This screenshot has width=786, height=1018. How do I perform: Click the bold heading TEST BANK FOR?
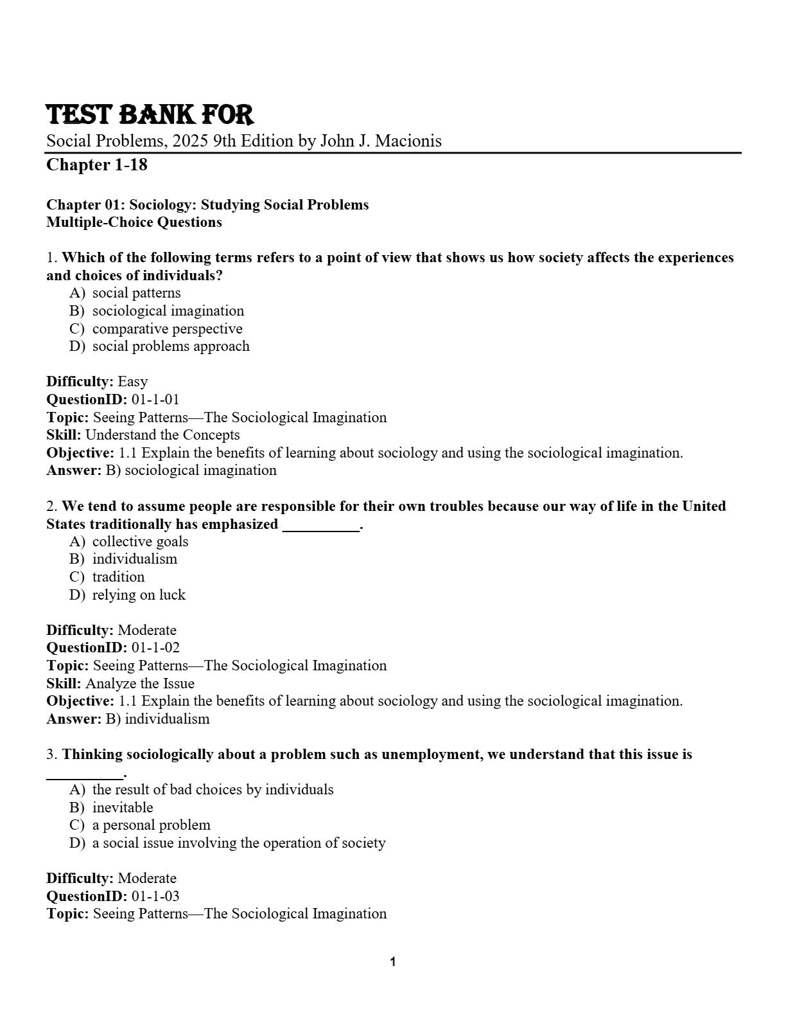click(x=150, y=115)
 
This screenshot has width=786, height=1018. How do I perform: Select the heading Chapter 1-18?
click(x=97, y=165)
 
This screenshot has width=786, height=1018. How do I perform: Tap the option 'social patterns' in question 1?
click(x=136, y=293)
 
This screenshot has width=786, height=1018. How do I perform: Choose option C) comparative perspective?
click(x=167, y=329)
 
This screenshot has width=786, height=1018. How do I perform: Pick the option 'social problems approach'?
click(x=171, y=346)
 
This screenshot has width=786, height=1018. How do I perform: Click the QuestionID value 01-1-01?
click(x=155, y=400)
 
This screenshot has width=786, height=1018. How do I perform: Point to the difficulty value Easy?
click(x=132, y=382)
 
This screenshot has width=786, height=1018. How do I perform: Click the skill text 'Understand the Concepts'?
click(x=162, y=435)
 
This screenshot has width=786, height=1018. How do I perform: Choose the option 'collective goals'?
click(x=140, y=542)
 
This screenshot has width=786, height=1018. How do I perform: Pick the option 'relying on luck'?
click(x=139, y=595)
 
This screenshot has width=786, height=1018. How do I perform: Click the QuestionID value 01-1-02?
click(x=155, y=648)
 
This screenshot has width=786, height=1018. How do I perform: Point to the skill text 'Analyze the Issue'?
click(x=140, y=684)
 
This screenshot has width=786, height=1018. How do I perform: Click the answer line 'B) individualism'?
click(x=167, y=719)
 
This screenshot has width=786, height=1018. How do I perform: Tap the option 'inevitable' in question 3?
click(x=123, y=808)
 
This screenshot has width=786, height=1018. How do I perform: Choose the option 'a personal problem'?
click(x=151, y=825)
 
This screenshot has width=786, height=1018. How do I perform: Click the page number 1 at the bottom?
click(x=393, y=962)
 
